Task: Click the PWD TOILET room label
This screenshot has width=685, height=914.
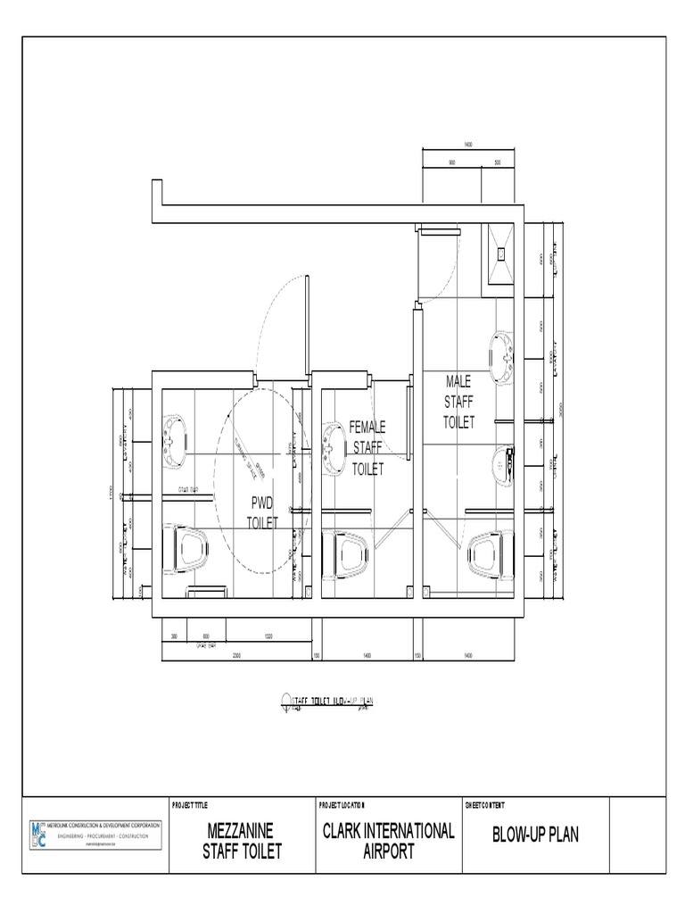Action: click(262, 514)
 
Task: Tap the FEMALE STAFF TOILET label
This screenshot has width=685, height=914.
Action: click(367, 447)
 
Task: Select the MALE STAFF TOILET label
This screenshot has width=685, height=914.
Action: click(459, 402)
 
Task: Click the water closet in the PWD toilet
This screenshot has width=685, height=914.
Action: click(190, 550)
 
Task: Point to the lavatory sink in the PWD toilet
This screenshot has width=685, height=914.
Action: click(174, 438)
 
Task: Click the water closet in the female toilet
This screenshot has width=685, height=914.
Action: click(351, 553)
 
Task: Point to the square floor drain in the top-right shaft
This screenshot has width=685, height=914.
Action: click(500, 253)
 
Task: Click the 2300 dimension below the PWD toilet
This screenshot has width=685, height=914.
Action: click(236, 656)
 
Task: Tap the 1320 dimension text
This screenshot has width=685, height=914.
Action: click(268, 636)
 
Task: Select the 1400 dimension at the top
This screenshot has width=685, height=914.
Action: click(468, 144)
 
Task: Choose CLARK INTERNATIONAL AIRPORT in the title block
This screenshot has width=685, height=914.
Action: click(388, 841)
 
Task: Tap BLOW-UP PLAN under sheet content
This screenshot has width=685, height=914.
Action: click(535, 835)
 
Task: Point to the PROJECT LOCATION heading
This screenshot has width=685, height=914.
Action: click(342, 805)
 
